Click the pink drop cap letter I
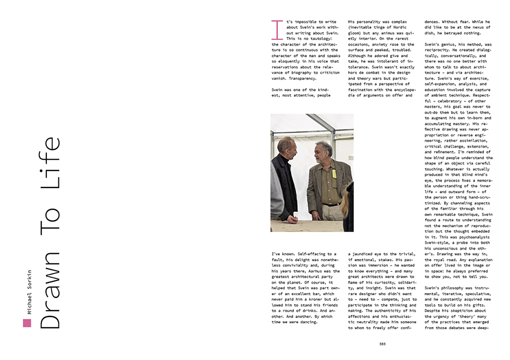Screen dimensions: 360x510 click(x=276, y=30)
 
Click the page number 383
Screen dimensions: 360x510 click(x=382, y=344)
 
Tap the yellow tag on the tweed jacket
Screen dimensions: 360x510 click(x=334, y=173)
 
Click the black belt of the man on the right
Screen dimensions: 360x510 click(x=331, y=204)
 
